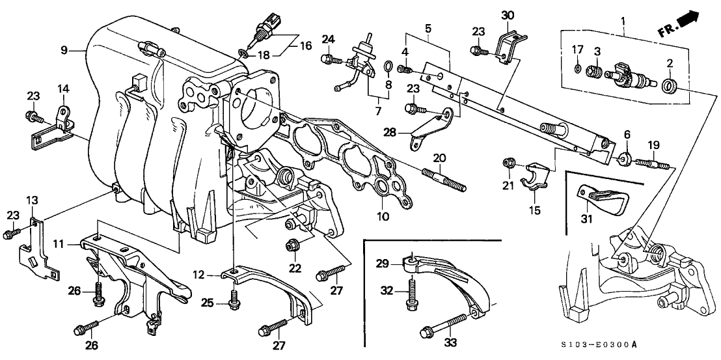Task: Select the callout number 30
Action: point(507,14)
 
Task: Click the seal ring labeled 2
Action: point(668,85)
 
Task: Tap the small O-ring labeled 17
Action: point(577,68)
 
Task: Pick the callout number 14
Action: point(63,88)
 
